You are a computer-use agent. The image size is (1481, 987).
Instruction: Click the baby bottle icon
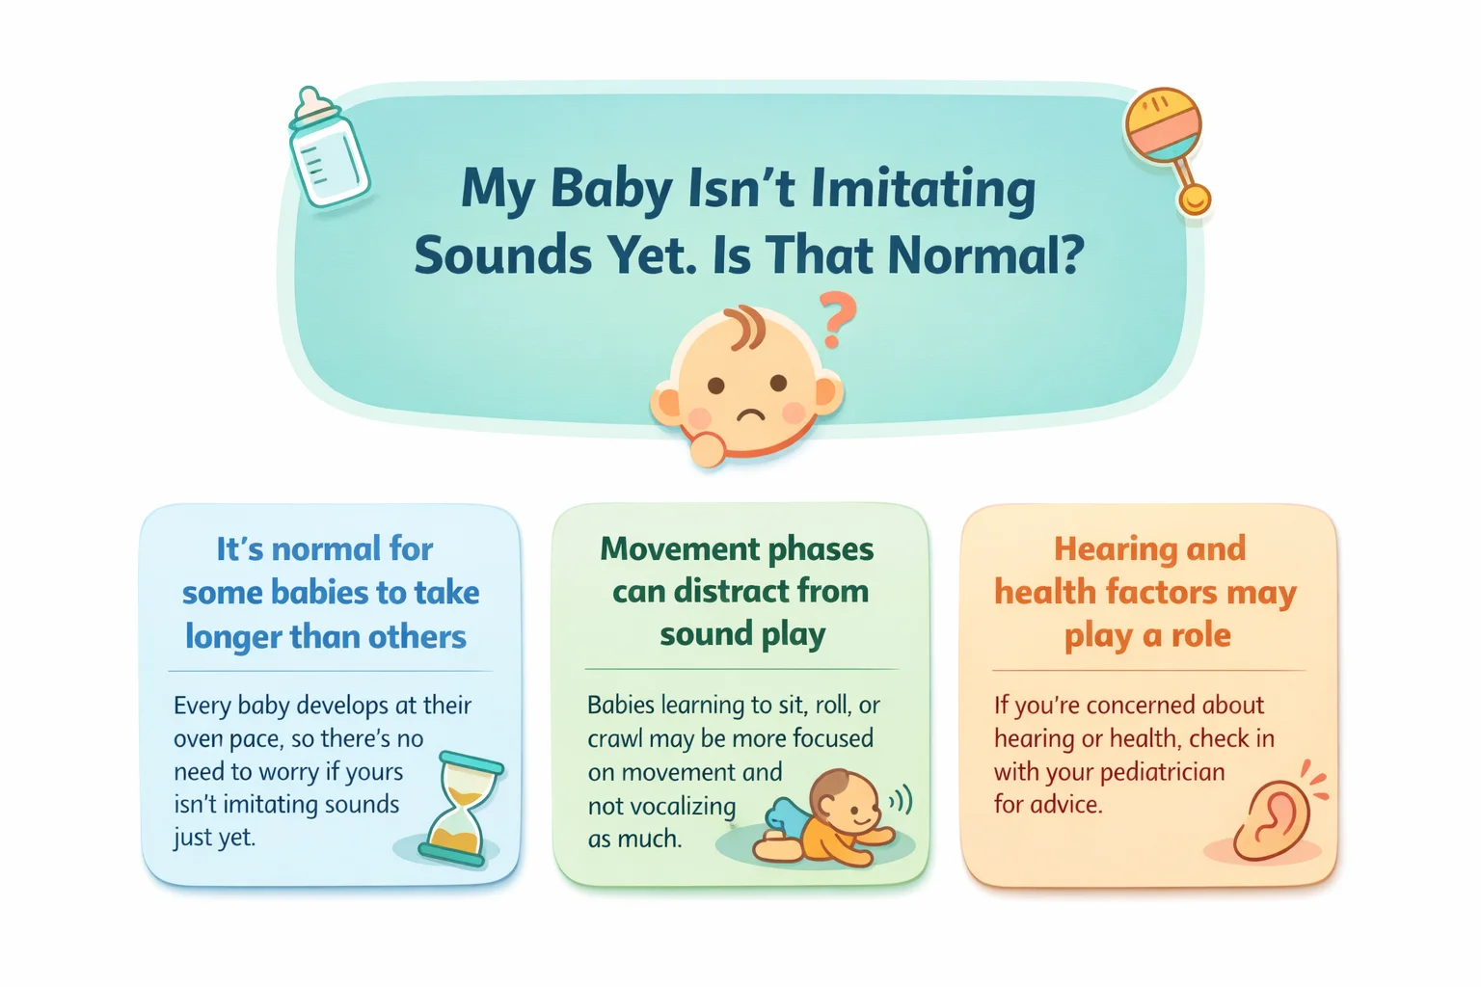click(328, 149)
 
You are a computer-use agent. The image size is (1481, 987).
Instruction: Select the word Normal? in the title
click(985, 255)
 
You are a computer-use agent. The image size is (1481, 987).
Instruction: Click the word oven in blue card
click(200, 739)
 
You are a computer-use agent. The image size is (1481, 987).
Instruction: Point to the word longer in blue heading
click(230, 637)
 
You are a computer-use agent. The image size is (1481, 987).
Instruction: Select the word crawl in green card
click(614, 739)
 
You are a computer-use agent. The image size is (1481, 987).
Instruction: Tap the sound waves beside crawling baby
click(901, 799)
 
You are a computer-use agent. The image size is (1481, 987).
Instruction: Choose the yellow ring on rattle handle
click(1195, 200)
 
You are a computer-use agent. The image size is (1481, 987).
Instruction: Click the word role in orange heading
click(1200, 635)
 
